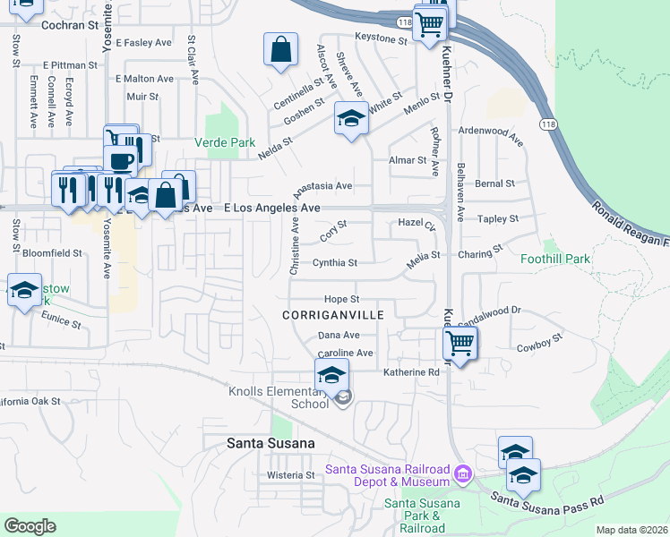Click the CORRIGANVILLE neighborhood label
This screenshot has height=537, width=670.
332,315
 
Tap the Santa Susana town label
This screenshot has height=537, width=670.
271,443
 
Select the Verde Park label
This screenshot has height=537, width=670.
225,142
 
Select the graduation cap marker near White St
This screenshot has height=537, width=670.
351,117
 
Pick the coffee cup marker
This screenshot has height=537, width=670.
120,159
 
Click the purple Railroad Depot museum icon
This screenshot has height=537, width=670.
462,472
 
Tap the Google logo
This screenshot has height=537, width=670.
30,526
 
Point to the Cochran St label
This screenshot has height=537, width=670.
68,25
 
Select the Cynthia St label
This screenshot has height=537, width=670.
335,263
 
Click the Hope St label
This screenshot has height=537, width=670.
340,299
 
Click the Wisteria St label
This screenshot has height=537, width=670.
292,475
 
